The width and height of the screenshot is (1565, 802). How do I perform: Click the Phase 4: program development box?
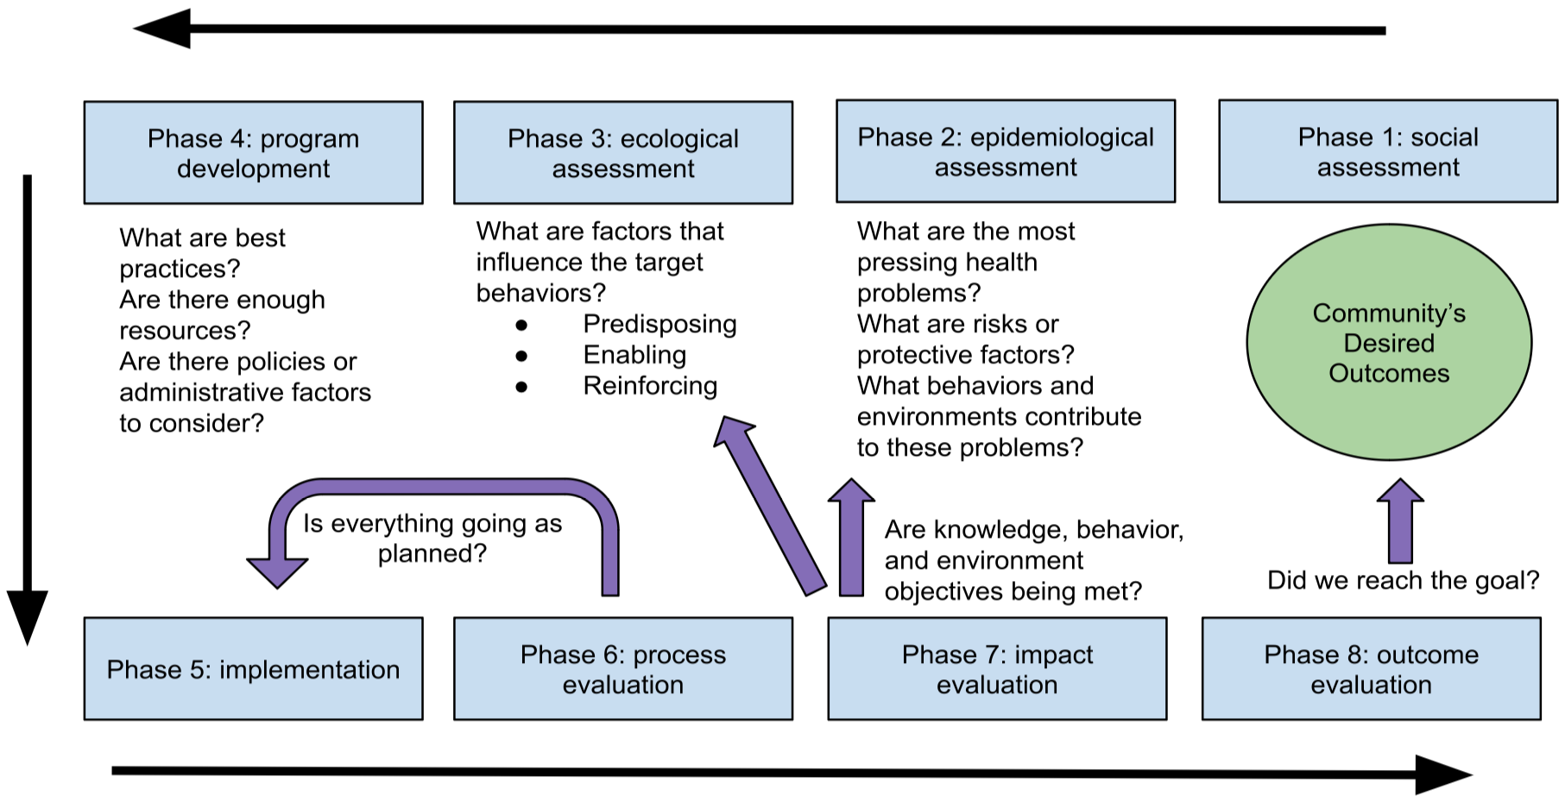(x=253, y=153)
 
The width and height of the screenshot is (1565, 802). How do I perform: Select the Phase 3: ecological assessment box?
(x=622, y=153)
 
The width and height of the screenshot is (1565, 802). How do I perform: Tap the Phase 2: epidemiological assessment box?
(x=1005, y=151)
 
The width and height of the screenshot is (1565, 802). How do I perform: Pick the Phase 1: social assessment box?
(x=1387, y=151)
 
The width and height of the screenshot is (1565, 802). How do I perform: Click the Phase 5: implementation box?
(x=253, y=669)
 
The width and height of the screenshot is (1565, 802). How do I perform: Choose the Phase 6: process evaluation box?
(x=622, y=669)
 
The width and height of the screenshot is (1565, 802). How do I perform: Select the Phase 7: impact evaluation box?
(x=997, y=669)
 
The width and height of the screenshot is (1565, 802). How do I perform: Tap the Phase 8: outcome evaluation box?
(x=1371, y=669)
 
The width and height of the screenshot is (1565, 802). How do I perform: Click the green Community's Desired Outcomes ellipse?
(x=1388, y=343)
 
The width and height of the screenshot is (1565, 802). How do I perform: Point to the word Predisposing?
(x=659, y=324)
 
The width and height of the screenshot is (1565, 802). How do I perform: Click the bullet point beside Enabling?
(x=521, y=356)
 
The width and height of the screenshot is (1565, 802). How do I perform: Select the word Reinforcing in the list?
(x=650, y=386)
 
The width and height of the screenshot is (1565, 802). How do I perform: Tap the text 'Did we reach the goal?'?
(x=1403, y=580)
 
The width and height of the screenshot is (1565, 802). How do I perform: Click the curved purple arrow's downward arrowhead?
(x=277, y=572)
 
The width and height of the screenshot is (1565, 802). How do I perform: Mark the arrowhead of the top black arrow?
(x=164, y=29)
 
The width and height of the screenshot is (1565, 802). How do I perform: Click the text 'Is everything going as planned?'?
(x=432, y=538)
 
